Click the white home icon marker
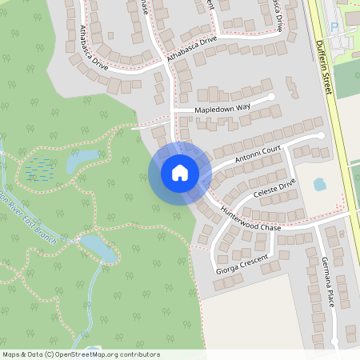[x=179, y=172]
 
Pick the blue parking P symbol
[x=334, y=26]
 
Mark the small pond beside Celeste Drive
[x=319, y=184]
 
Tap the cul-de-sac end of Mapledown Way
[x=272, y=97]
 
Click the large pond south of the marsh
[x=96, y=246]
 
